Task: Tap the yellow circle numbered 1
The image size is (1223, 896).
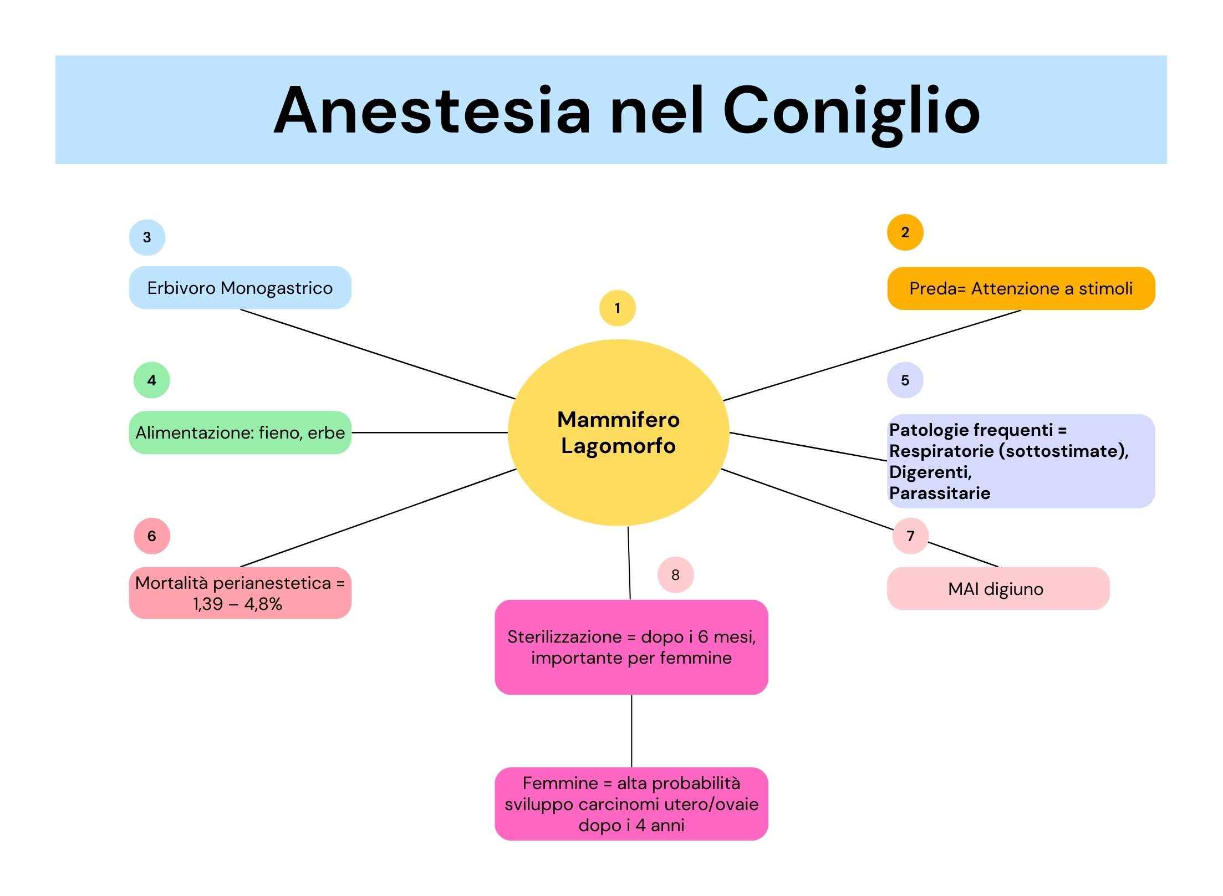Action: click(618, 308)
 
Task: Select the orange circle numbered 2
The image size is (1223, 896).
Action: click(905, 232)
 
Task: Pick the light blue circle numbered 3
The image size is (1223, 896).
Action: click(147, 237)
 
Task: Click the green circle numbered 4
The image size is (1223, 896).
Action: click(151, 380)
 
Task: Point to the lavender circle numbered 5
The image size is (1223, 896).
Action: click(905, 380)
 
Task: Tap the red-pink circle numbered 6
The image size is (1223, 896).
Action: click(152, 536)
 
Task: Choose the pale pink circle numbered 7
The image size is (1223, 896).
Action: click(910, 536)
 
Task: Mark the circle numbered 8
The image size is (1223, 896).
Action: click(675, 575)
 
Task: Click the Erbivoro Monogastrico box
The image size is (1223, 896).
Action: click(240, 288)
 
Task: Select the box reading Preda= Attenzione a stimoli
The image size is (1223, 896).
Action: click(1021, 288)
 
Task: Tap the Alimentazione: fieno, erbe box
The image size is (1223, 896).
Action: click(240, 432)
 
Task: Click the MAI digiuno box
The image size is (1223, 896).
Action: click(998, 588)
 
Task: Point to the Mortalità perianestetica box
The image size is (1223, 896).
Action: click(240, 593)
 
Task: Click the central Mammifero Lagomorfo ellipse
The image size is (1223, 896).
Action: click(618, 432)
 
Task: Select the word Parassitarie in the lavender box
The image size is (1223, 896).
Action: click(940, 493)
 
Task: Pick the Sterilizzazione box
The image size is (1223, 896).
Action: click(631, 647)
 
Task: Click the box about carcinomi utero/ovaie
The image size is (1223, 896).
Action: click(631, 804)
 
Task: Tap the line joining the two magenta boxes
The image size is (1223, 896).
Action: click(631, 731)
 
